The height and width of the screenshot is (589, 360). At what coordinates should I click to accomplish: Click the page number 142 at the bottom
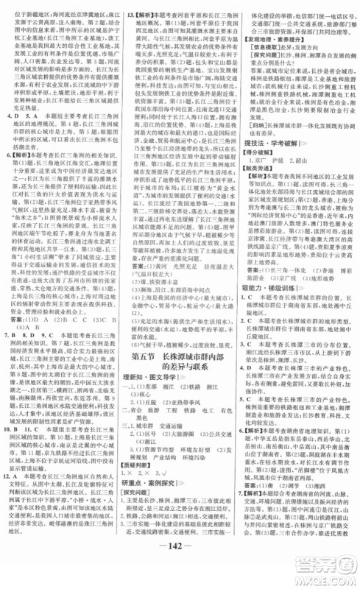point(180,574)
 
